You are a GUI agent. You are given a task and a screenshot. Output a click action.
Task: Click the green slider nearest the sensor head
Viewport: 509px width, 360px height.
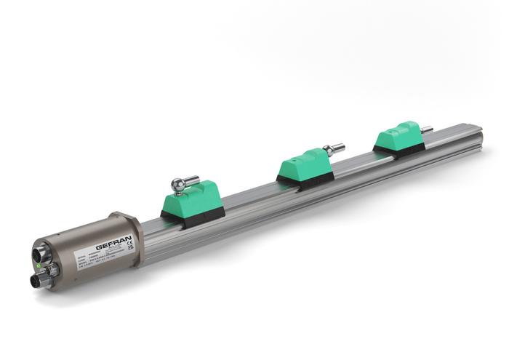(191, 198)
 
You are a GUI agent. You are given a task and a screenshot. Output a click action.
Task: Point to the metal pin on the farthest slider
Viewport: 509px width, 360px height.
(426, 129)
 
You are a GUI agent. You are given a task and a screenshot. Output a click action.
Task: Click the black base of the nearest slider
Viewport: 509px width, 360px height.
(193, 216)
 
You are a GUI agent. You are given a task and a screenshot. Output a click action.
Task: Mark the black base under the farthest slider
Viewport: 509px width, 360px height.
(399, 148)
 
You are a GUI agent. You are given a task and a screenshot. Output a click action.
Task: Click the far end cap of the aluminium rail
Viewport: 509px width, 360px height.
(476, 135)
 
